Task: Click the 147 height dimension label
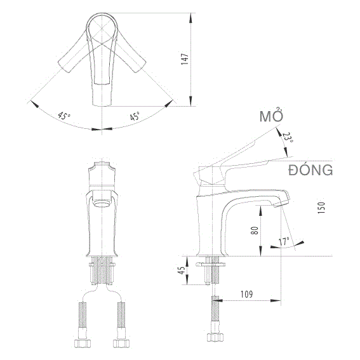(185, 59)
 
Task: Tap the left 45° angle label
(64, 116)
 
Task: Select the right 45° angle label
(135, 116)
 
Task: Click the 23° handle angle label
(288, 137)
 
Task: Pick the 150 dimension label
(321, 208)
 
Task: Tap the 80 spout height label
(255, 230)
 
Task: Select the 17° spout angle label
(284, 242)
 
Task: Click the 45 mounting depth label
(182, 270)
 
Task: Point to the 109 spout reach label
(246, 294)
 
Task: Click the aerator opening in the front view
(102, 203)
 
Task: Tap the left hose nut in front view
(83, 343)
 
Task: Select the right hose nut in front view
(121, 343)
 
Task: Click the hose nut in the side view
(215, 337)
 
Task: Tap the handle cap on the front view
(102, 173)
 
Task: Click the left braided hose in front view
(83, 314)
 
